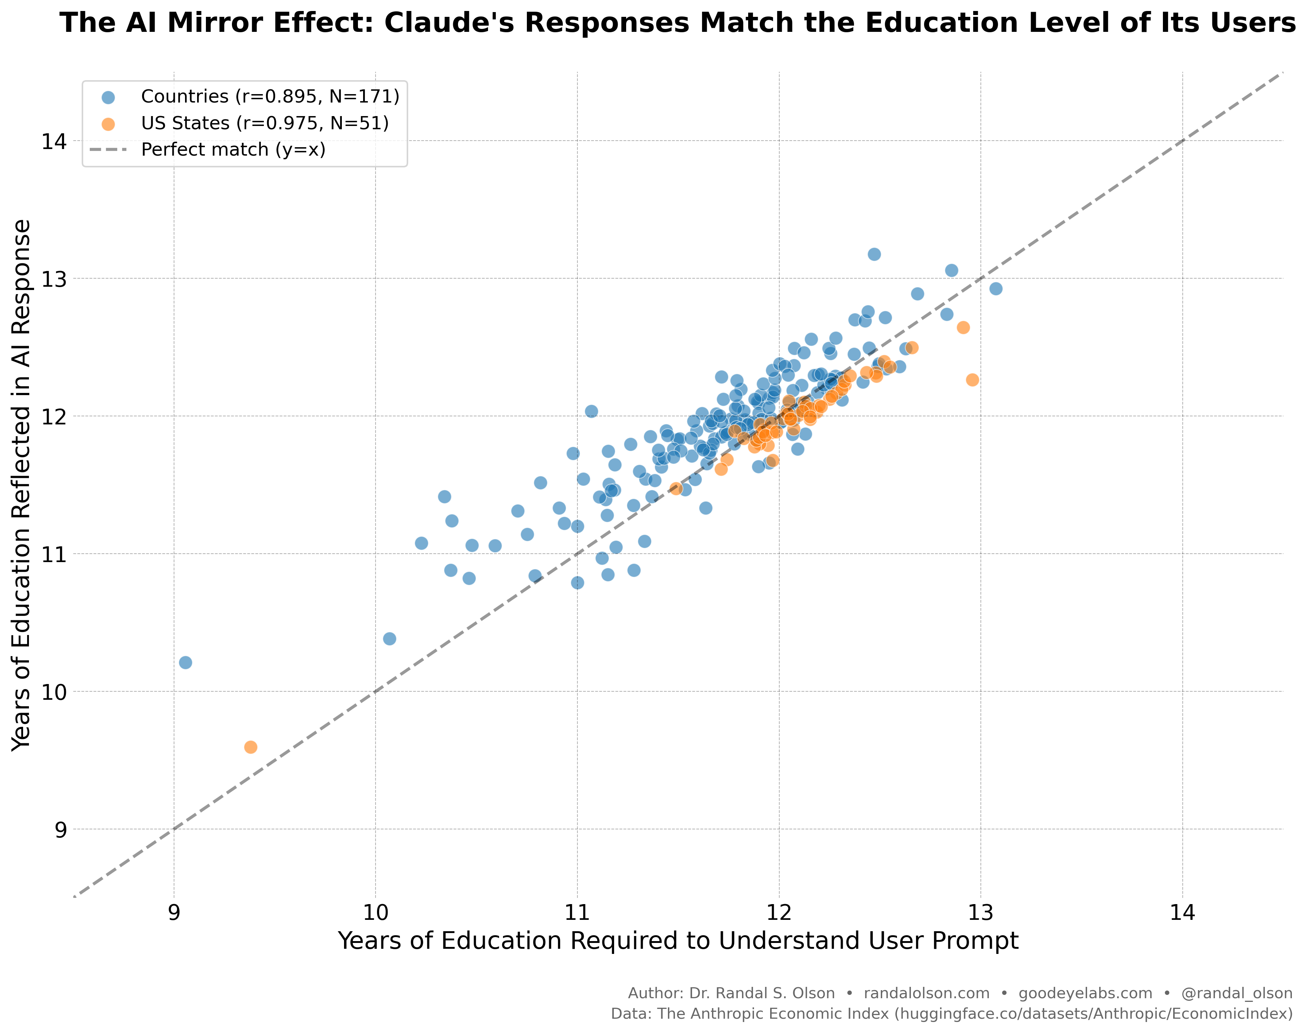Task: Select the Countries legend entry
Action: (x=270, y=96)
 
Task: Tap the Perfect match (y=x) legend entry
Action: (x=233, y=149)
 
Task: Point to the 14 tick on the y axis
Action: (x=53, y=141)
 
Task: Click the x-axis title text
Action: (x=677, y=942)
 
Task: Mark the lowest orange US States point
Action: (x=251, y=747)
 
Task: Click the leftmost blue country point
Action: (x=186, y=662)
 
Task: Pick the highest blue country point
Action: (x=874, y=254)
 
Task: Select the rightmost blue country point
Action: (x=996, y=289)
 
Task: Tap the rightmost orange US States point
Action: (x=972, y=380)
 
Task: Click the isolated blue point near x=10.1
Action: (x=389, y=639)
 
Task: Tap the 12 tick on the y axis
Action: (x=53, y=416)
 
